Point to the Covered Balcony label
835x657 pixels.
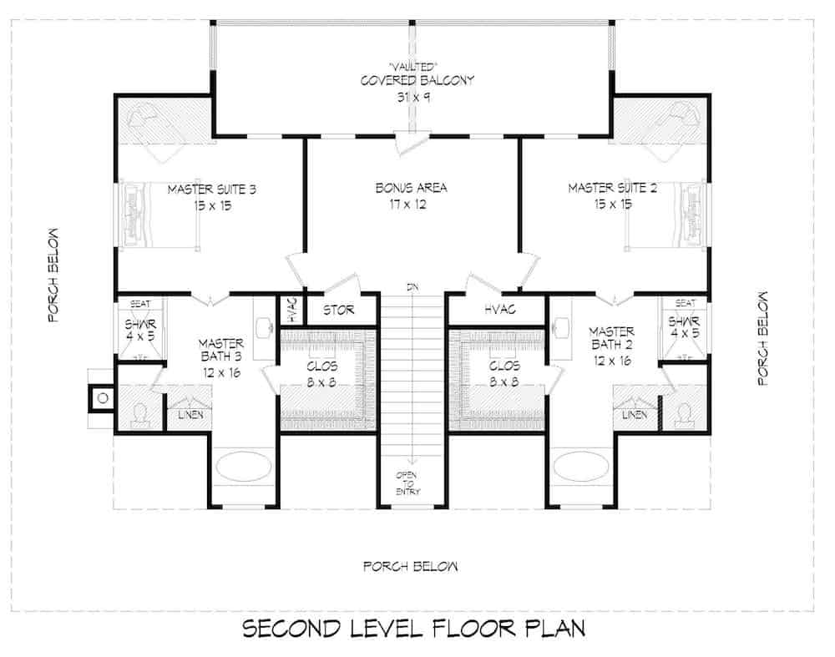pos(417,81)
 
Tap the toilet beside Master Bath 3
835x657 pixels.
pos(140,414)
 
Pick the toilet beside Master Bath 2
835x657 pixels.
pos(684,414)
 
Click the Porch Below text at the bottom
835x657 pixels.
pos(411,567)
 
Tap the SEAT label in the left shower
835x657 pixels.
pos(138,304)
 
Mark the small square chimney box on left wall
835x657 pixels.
pos(102,397)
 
